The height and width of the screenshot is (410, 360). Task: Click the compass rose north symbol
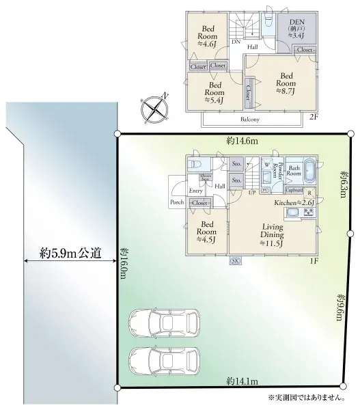[155, 107]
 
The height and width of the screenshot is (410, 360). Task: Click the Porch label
[177, 203]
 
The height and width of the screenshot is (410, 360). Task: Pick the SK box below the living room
[235, 261]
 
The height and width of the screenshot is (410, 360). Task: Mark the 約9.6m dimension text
[340, 310]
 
